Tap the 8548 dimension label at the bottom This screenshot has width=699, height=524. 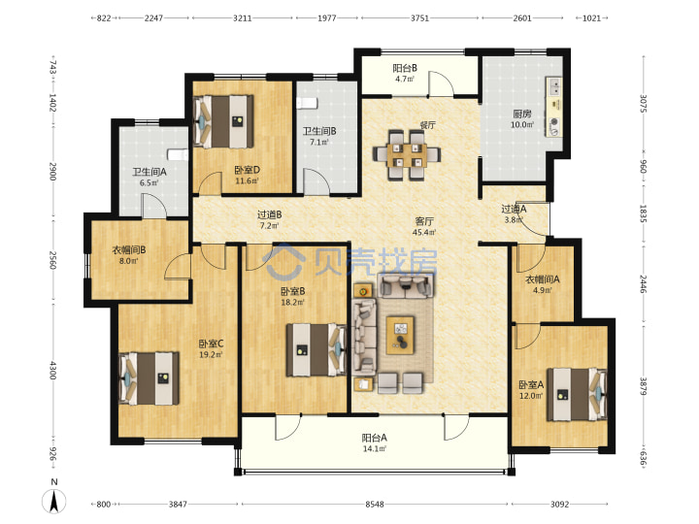(x=375, y=504)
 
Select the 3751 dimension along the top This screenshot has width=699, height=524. (x=419, y=18)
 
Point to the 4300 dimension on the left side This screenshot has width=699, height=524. (x=52, y=371)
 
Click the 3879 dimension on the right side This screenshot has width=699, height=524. (x=644, y=386)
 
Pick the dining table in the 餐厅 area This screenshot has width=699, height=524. (x=406, y=154)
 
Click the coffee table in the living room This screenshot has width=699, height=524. (x=400, y=335)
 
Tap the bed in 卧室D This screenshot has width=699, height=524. (x=224, y=121)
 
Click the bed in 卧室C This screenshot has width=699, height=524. (x=150, y=378)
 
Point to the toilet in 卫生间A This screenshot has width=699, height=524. (x=178, y=154)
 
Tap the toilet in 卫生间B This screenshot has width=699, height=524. (x=307, y=103)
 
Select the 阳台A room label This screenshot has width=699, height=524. (x=374, y=438)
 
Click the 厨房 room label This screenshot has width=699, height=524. (x=521, y=115)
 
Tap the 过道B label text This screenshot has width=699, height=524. (x=269, y=214)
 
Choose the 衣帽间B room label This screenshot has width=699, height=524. (x=128, y=250)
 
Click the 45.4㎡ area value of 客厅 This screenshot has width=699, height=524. (x=424, y=232)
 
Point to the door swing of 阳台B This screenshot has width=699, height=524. (x=442, y=83)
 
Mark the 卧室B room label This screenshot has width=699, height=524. (x=292, y=291)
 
